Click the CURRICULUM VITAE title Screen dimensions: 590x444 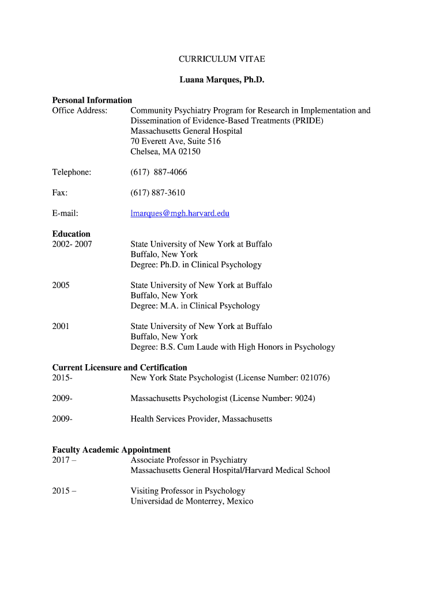221,59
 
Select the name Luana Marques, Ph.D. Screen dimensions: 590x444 221,80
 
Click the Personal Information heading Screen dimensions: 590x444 92,100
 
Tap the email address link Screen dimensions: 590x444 180,213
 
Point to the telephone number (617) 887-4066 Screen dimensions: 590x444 159,172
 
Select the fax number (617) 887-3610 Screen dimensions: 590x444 157,192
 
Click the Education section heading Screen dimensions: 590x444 72,234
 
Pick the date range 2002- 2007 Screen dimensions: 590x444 72,244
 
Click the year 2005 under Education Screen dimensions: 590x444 61,285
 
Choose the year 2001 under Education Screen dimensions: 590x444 61,326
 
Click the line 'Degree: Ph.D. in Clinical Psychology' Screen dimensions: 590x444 196,265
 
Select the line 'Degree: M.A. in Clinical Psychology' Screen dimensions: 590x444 195,306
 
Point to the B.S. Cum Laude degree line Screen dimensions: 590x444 233,347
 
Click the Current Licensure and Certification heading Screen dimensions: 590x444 120,368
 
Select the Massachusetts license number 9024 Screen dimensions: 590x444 302,398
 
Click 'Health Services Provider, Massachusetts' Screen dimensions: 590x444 201,419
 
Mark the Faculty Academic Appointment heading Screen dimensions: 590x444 111,450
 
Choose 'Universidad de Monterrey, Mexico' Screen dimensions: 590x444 192,501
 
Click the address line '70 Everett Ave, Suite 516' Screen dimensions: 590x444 176,141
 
